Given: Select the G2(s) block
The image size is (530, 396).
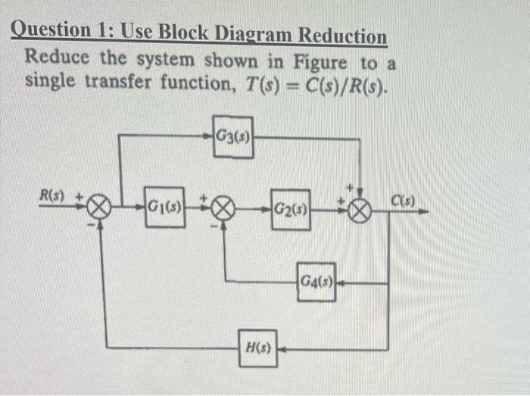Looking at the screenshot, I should click(290, 209).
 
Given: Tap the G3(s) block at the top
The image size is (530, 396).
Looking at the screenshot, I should click(232, 137).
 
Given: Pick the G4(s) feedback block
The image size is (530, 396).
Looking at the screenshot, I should click(316, 282).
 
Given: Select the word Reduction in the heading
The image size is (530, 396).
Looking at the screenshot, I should click(342, 36).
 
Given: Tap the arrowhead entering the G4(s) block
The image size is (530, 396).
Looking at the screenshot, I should click(339, 282).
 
